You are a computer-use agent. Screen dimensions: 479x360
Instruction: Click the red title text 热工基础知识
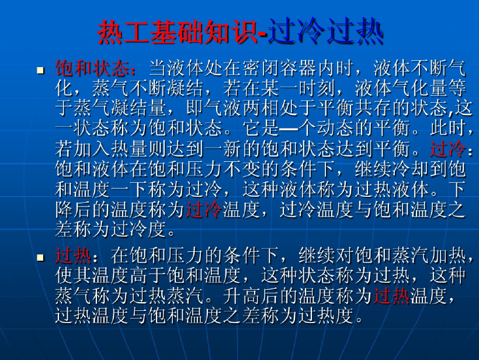[x=178, y=32]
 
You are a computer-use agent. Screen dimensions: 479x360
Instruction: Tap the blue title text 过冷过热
[x=325, y=32]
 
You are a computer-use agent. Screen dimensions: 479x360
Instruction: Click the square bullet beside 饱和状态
[x=40, y=70]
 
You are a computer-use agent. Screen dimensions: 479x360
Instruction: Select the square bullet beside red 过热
[x=40, y=257]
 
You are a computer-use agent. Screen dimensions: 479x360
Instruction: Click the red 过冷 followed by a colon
[x=448, y=149]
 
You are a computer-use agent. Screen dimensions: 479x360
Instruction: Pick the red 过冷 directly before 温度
[x=204, y=210]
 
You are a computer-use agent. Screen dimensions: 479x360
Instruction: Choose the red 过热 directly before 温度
[x=391, y=296]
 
